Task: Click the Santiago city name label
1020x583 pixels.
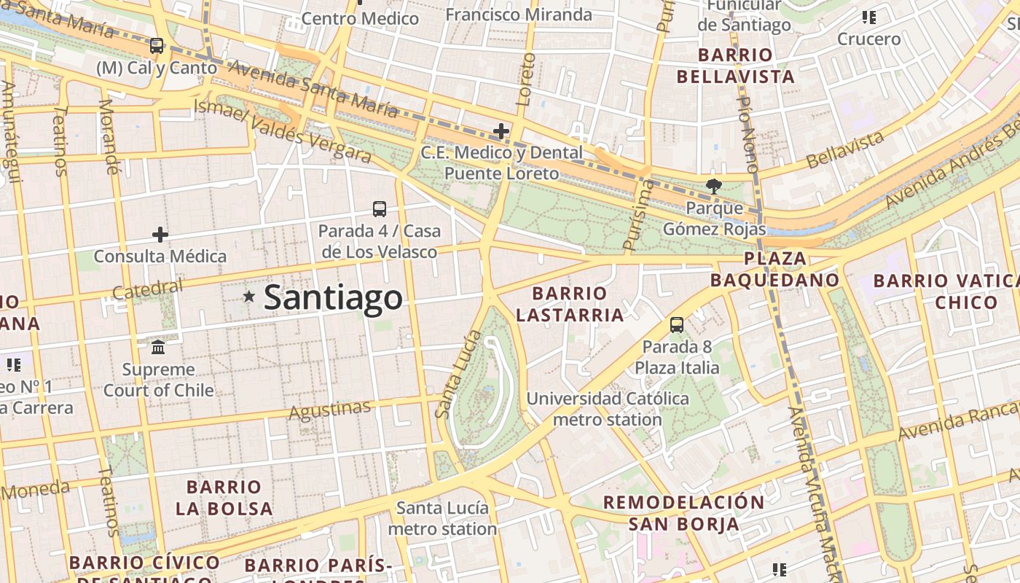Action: pos(333,297)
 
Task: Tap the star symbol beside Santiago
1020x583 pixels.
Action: pos(249,296)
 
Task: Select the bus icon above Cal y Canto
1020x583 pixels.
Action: pos(157,46)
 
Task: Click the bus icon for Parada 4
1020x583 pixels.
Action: pos(380,209)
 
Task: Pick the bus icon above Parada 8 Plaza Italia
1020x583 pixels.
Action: pos(677,325)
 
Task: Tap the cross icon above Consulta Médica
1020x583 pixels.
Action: pos(160,235)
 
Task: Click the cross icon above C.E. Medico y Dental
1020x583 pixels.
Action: pos(501,131)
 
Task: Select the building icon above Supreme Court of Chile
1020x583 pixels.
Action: pos(158,347)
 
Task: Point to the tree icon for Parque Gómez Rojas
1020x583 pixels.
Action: pos(714,187)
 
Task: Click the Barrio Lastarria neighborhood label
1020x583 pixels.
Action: pos(579,304)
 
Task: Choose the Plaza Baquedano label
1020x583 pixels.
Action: pos(775,269)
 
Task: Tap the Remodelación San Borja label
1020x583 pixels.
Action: pos(683,512)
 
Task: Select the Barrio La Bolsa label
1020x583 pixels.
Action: pos(224,497)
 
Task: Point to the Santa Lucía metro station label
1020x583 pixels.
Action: pos(442,517)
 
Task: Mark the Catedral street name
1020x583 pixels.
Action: pos(148,289)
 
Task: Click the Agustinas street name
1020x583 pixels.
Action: pos(329,410)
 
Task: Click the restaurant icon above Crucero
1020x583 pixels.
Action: pos(868,17)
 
